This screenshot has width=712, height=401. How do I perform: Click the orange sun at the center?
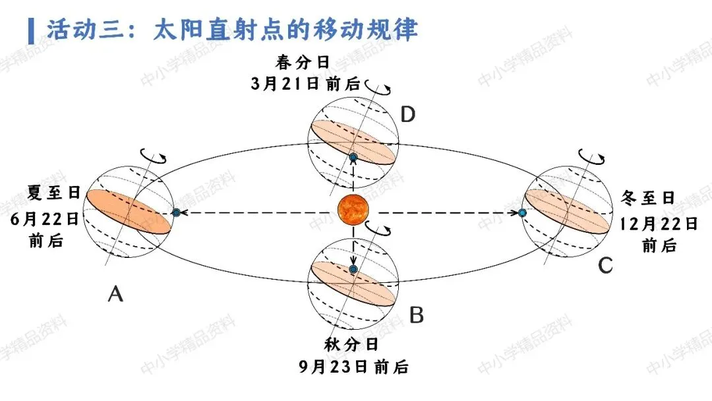tap(353, 210)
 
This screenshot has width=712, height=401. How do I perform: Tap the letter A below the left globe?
tap(115, 293)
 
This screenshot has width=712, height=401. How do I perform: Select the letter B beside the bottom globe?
tap(417, 315)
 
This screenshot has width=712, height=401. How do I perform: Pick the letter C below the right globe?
tap(605, 265)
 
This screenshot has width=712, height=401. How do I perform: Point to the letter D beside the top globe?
tap(408, 114)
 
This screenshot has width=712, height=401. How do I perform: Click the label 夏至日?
tap(53, 192)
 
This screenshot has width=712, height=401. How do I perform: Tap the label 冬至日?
tap(647, 198)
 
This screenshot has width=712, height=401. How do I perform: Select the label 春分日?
tap(303, 62)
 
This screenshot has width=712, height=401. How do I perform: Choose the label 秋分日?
tap(351, 345)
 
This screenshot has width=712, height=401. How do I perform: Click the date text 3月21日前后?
tap(305, 84)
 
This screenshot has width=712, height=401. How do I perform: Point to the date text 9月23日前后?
tap(354, 367)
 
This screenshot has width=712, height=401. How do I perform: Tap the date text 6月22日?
tap(45, 219)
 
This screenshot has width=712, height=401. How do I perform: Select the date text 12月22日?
tap(659, 224)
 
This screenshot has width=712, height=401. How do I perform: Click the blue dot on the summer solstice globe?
tap(176, 212)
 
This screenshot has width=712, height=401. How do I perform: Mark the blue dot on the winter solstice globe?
tap(522, 212)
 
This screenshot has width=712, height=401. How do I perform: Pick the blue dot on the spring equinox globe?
tap(353, 158)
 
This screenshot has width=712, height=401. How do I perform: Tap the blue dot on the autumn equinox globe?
tap(353, 269)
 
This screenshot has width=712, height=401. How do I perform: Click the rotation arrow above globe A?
tap(154, 156)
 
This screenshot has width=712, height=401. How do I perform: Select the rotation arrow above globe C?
tap(591, 158)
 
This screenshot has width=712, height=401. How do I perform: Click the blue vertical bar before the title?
tap(31, 31)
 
